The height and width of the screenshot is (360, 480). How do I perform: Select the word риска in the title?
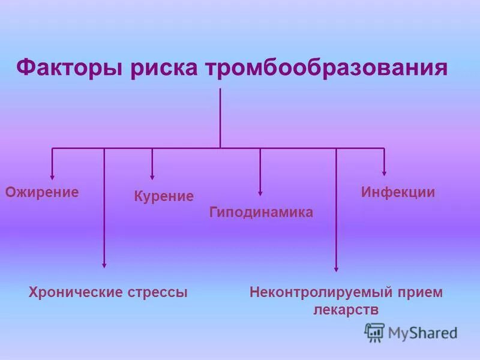[x=163, y=67]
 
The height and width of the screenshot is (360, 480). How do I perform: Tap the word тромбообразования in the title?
[x=327, y=67]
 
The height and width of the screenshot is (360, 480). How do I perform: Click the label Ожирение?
[x=42, y=192]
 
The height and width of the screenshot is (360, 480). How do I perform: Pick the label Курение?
[x=163, y=196]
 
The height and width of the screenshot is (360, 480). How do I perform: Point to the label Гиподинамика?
[x=261, y=212]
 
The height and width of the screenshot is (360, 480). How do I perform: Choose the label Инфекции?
[x=398, y=192]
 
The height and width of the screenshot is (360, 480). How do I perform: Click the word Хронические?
[x=76, y=292]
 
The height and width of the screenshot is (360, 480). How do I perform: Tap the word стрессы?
[x=158, y=292]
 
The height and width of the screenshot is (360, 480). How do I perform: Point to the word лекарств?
[x=346, y=310]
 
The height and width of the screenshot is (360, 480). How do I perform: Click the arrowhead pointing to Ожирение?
[x=52, y=176]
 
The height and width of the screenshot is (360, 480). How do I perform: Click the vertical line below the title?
[x=220, y=117]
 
